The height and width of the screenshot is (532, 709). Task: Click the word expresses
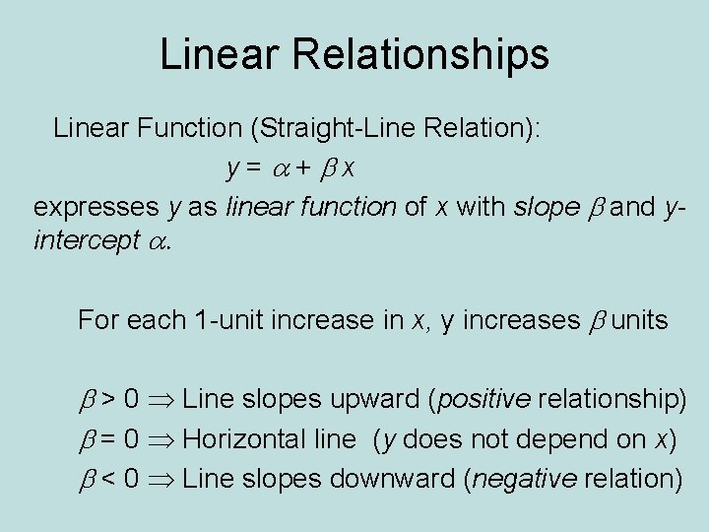pos(95,207)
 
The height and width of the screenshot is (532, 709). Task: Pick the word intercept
pos(87,241)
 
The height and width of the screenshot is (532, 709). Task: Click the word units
pos(640,320)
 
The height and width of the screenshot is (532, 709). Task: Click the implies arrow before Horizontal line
pos(161,439)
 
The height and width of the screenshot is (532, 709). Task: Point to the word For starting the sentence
pos(97,320)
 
